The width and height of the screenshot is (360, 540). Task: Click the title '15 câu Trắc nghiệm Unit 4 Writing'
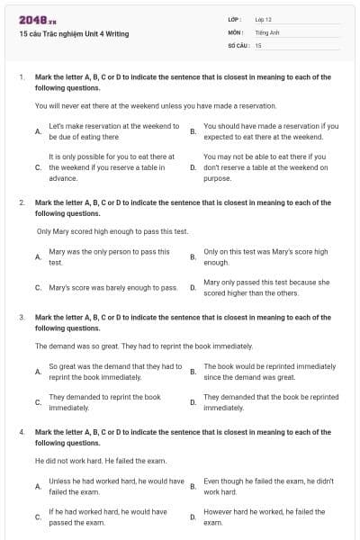(x=74, y=33)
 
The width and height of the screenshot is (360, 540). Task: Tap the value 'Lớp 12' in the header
(x=264, y=19)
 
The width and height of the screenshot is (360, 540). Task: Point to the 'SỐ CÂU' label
(x=237, y=44)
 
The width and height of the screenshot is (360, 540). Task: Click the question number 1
(x=21, y=77)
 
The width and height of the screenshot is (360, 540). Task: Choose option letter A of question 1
(x=37, y=131)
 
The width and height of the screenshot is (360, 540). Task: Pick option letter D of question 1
(x=193, y=167)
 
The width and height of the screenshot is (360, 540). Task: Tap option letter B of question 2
(x=193, y=257)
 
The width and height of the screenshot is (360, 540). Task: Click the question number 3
(x=21, y=318)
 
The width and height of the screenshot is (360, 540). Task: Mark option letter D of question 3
(x=193, y=402)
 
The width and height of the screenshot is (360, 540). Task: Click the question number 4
(x=21, y=432)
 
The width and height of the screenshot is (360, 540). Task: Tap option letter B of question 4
(x=193, y=487)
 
